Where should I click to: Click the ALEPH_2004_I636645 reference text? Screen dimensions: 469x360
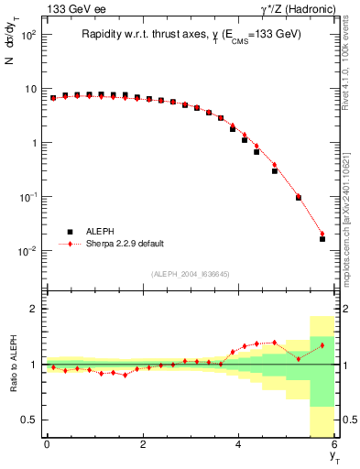pos(190,273)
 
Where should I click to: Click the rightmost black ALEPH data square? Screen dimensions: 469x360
pos(322,239)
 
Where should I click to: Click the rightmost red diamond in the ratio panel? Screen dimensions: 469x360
pos(322,345)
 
